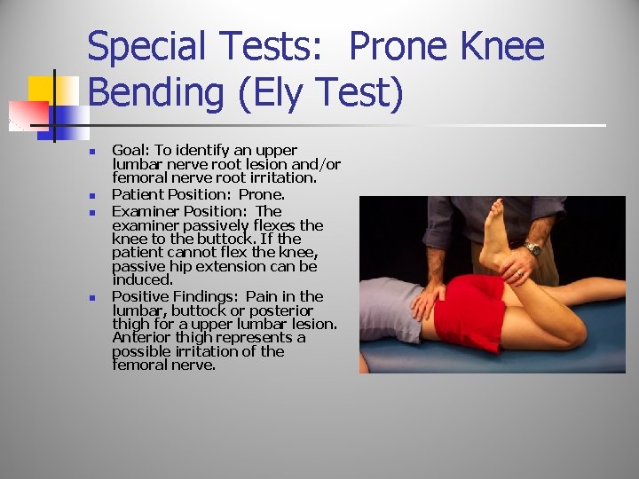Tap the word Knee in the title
500,46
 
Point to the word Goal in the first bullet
130,150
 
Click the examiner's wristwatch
532,247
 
